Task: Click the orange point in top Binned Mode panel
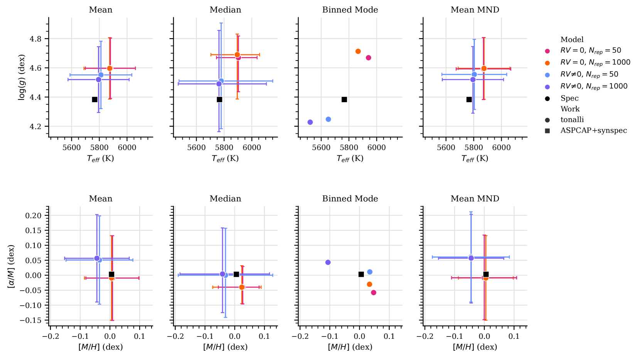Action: [358, 51]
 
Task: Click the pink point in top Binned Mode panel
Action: [368, 58]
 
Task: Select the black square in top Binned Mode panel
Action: [344, 99]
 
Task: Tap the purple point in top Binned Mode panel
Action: [310, 122]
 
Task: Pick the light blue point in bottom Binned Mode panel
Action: [370, 272]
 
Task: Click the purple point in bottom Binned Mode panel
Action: [328, 262]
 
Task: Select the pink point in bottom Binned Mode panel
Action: [373, 293]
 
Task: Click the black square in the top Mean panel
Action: [94, 99]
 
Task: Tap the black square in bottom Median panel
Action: [236, 274]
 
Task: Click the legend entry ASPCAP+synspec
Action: [593, 131]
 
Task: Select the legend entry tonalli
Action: [572, 120]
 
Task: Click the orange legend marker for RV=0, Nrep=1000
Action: [547, 63]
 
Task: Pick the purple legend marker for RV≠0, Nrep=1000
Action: [547, 87]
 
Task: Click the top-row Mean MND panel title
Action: [475, 10]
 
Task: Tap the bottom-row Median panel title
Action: [225, 199]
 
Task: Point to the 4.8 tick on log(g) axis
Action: [35, 39]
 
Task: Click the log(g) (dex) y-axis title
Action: [22, 77]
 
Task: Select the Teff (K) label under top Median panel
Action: [225, 158]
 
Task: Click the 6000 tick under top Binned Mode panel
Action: [376, 147]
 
